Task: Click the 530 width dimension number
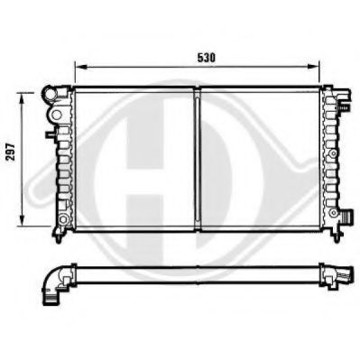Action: [x=208, y=56]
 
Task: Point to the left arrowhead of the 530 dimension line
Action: [x=78, y=67]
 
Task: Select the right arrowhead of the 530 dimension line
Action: [x=318, y=67]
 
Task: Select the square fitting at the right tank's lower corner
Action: [x=344, y=217]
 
